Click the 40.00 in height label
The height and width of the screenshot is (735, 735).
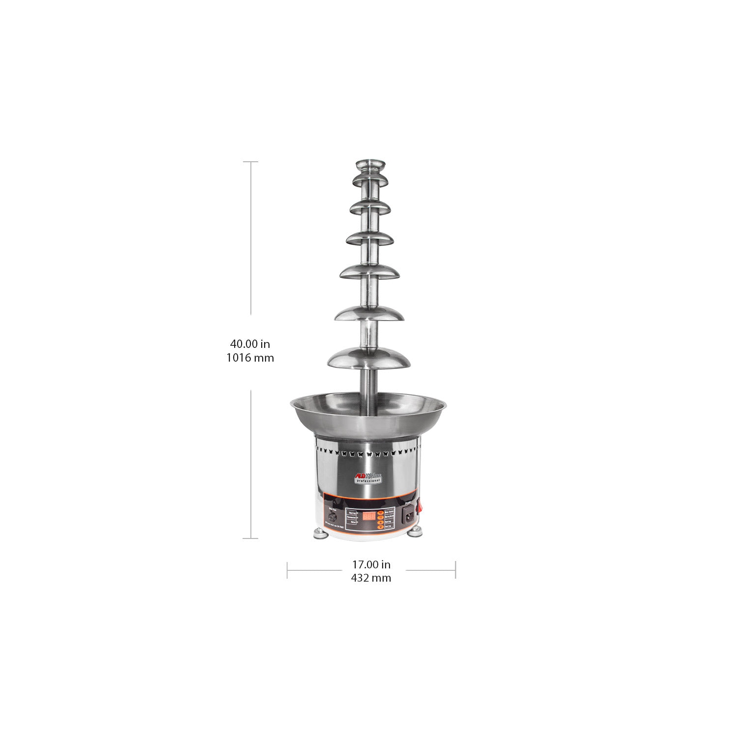(250, 344)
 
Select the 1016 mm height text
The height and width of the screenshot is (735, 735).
(250, 358)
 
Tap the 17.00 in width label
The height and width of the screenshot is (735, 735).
(371, 564)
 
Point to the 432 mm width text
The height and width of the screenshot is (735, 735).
(371, 578)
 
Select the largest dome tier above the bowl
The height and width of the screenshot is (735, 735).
(368, 358)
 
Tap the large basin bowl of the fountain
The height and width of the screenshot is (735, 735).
(368, 416)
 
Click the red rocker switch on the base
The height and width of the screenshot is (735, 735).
(419, 508)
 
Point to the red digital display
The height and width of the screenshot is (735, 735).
(369, 516)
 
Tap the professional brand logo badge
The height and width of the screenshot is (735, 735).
(368, 477)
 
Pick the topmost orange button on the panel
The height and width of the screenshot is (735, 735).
(380, 512)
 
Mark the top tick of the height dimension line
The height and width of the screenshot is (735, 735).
(251, 162)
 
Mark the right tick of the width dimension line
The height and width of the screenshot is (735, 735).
(455, 570)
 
